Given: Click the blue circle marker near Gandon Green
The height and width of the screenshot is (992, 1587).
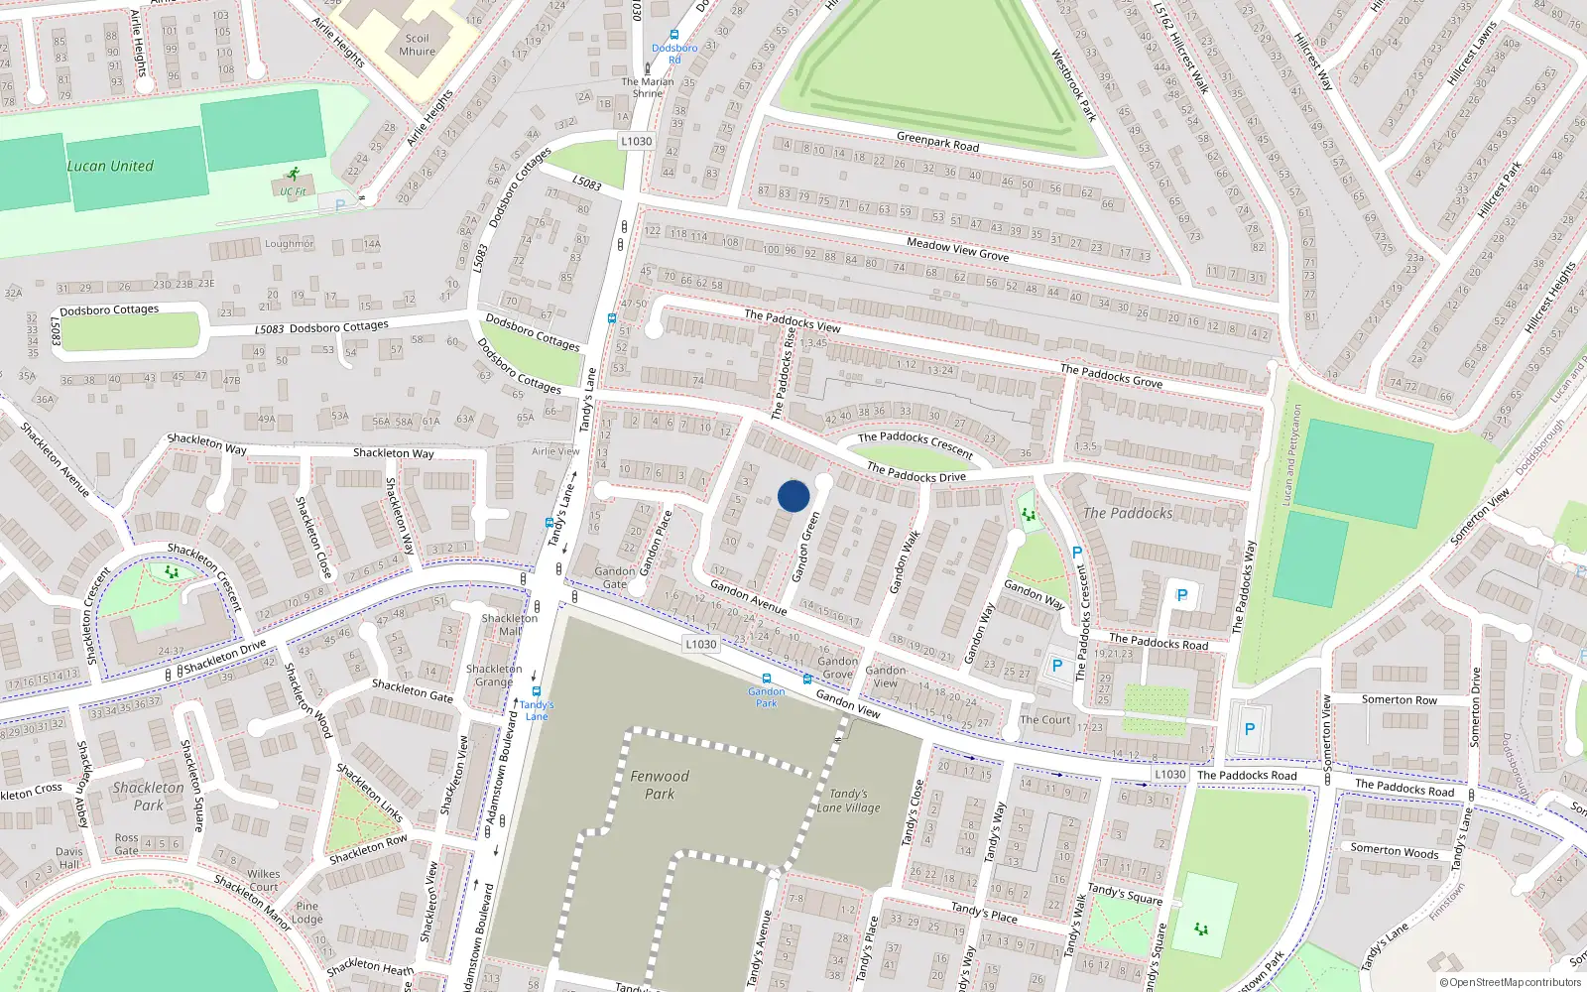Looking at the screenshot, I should point(793,496).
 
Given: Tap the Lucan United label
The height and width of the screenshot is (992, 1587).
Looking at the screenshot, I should point(110,166).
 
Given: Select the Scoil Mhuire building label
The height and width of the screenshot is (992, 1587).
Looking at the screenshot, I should point(417,45).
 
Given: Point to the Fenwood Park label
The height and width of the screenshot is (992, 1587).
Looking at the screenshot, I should point(660,785).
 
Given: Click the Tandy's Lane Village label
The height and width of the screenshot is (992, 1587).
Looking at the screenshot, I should point(849,801).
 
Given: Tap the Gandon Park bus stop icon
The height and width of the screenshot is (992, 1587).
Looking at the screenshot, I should point(767,680).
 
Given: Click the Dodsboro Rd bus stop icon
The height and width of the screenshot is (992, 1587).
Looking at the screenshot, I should point(674,35).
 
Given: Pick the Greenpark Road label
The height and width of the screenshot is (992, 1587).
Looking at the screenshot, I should point(937,143).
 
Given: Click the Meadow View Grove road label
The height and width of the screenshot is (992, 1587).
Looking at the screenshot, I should point(957,249).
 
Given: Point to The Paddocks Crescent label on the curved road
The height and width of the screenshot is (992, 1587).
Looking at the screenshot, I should point(915,442).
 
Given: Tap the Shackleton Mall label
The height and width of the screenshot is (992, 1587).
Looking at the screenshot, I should point(510,624).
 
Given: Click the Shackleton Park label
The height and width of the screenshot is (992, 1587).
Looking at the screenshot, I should point(148,796).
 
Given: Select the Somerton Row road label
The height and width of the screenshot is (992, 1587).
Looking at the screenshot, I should point(1399,699).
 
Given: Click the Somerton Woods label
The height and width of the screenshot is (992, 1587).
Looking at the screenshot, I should point(1394,851).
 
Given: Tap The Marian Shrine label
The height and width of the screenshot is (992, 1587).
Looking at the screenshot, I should point(648,87).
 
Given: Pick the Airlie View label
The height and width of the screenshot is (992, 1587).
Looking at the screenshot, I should point(555,451).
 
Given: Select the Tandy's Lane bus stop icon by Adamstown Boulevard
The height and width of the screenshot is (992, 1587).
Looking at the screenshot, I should point(537,691).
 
